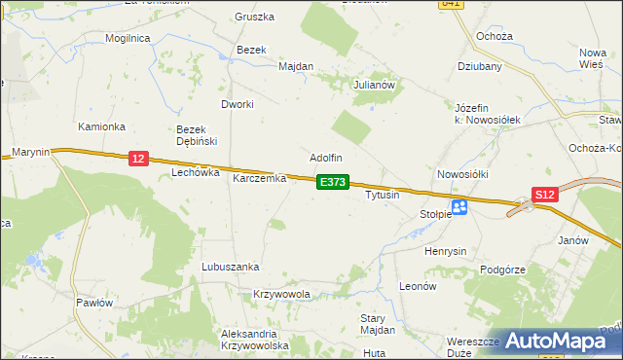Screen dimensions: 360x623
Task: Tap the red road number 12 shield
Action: pyautogui.click(x=138, y=159)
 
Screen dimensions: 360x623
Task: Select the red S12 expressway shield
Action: pyautogui.click(x=545, y=195)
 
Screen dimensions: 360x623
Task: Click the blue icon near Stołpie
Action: pyautogui.click(x=459, y=206)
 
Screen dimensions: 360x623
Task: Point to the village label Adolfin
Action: pyautogui.click(x=326, y=158)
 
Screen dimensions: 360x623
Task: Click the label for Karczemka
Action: pyautogui.click(x=259, y=179)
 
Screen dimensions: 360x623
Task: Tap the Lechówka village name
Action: pyautogui.click(x=192, y=172)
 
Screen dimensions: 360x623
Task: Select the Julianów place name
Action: pyautogui.click(x=374, y=85)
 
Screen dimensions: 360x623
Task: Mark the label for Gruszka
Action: pyautogui.click(x=255, y=18)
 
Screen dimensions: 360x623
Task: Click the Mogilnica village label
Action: pyautogui.click(x=129, y=38)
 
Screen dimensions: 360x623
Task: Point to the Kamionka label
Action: pyautogui.click(x=102, y=127)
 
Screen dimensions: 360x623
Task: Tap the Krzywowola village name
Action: pyautogui.click(x=281, y=294)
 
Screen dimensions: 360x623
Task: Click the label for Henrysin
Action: pyautogui.click(x=446, y=251)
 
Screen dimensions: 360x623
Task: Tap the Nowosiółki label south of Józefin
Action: pyautogui.click(x=462, y=174)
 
